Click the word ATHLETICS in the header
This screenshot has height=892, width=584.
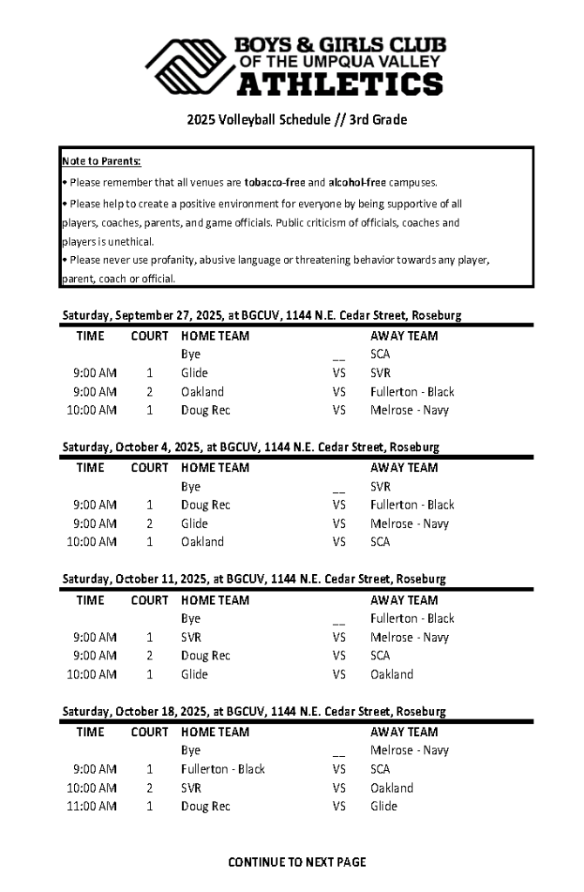coord(340,84)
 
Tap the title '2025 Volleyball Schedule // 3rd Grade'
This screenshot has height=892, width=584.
coord(296,119)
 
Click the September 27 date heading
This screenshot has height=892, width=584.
coord(261,314)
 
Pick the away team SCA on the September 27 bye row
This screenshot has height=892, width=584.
coord(380,355)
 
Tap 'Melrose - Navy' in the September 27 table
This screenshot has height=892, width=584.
coord(410,409)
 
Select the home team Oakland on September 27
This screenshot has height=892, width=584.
coord(202,392)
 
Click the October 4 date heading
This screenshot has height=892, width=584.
coord(250,447)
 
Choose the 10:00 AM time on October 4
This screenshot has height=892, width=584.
coord(92,542)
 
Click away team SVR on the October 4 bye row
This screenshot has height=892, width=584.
coord(380,486)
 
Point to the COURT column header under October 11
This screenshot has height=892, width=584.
coord(149,600)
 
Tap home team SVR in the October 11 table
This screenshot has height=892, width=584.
coord(192,637)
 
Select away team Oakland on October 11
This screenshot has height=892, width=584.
coord(391,674)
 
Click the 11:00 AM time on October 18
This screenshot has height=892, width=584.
coord(92,807)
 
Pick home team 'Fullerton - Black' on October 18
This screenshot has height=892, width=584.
coord(223,769)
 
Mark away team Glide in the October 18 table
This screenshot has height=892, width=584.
coord(384,807)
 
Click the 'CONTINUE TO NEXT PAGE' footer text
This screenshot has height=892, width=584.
coord(296,862)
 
